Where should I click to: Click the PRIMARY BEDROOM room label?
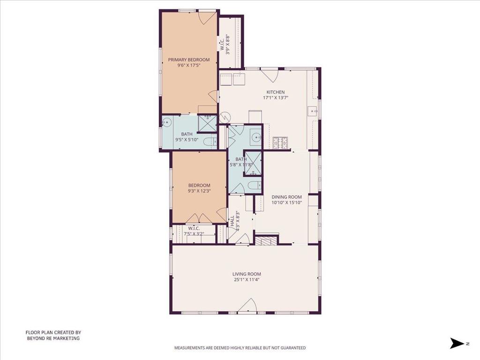pos(189,60)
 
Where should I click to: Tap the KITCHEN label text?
pos(276,92)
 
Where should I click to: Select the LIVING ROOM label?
pos(247,274)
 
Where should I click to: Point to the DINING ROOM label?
pos(286,197)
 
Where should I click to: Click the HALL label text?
pos(232,221)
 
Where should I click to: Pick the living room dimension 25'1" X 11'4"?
pos(247,280)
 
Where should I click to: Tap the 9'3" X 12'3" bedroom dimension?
pos(199,191)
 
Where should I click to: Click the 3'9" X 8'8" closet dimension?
pos(228,44)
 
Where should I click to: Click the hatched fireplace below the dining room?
pos(267,241)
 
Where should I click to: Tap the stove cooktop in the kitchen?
pos(280,142)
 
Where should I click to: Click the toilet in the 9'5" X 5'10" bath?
pos(210,142)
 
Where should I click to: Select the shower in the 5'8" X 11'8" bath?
pos(253,164)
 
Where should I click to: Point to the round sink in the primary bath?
pos(167,122)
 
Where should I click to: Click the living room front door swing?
pos(247,306)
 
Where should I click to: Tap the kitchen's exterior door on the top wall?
pos(269,75)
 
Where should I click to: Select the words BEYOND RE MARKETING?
pos(53,338)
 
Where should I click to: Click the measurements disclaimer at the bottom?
pos(240,348)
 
